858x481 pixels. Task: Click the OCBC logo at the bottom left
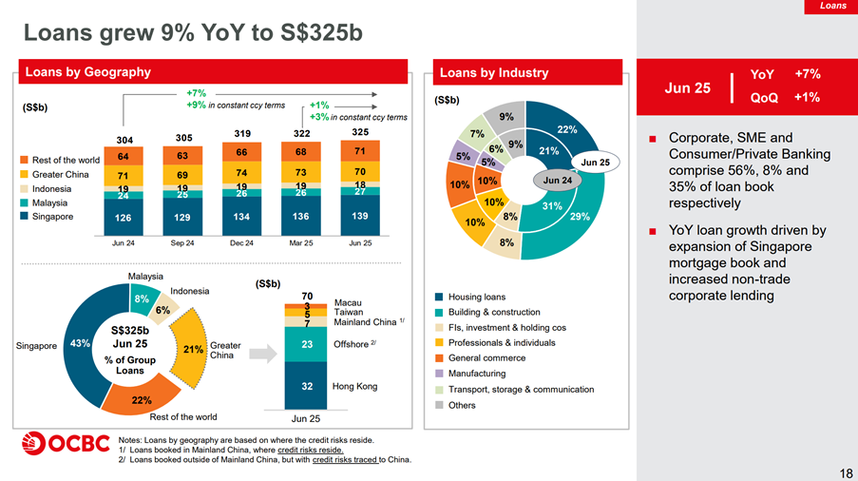click(x=67, y=443)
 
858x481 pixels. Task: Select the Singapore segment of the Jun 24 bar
click(x=124, y=218)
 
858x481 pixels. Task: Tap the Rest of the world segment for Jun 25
click(x=360, y=151)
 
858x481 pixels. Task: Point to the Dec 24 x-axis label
click(x=241, y=243)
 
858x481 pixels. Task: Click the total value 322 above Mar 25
click(x=301, y=133)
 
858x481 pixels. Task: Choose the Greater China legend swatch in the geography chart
click(x=24, y=174)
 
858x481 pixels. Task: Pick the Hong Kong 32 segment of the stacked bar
click(x=306, y=385)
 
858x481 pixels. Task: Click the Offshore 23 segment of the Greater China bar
click(x=306, y=344)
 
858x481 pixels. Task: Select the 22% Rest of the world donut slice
click(x=142, y=396)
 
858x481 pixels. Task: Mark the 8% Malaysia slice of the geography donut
click(x=143, y=298)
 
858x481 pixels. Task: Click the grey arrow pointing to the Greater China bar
click(x=263, y=354)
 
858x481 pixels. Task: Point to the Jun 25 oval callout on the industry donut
click(x=595, y=162)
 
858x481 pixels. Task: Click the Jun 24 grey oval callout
click(x=557, y=180)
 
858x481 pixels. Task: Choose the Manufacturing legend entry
click(x=470, y=374)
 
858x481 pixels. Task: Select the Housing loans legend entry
click(x=470, y=297)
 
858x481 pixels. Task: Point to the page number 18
click(x=846, y=473)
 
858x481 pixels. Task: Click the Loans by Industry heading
click(x=494, y=73)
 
